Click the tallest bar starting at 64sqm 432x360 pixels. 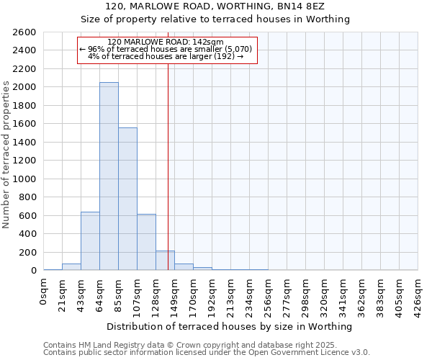click(x=109, y=176)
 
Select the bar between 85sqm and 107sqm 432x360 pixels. click(x=127, y=199)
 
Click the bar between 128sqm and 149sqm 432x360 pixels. click(x=165, y=261)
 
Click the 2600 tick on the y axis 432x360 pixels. click(x=24, y=32)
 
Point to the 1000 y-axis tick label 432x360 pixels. click(x=24, y=179)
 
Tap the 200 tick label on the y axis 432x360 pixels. click(x=27, y=253)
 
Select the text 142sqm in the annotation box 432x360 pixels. click(x=210, y=42)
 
